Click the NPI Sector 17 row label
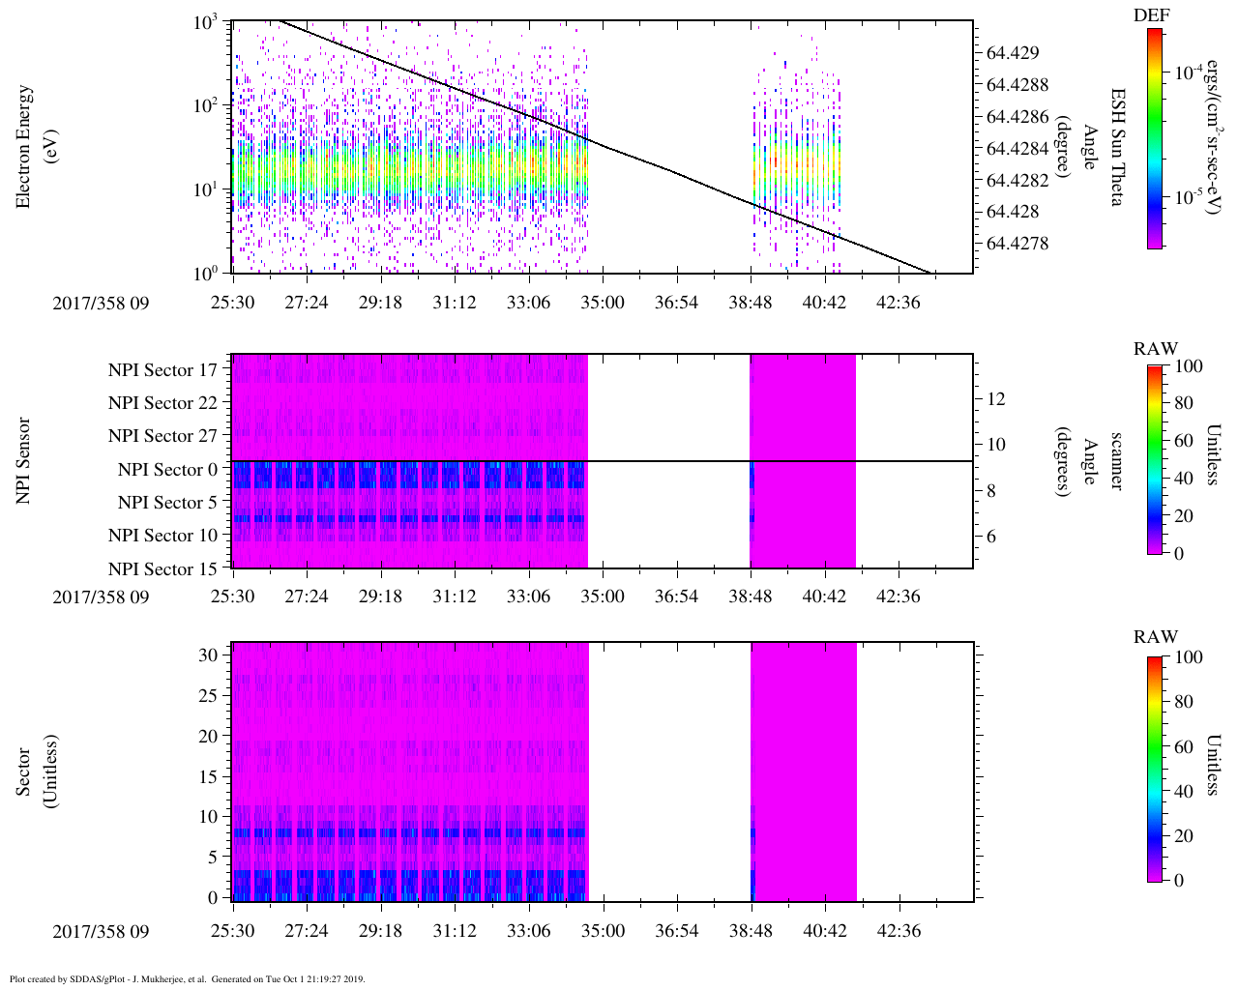pyautogui.click(x=162, y=370)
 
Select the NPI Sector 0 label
pyautogui.click(x=167, y=470)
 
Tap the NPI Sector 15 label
pyautogui.click(x=162, y=569)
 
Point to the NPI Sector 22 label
pyautogui.click(x=162, y=403)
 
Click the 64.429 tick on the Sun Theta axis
pyautogui.click(x=1013, y=53)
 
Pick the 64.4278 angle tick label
pyautogui.click(x=1017, y=244)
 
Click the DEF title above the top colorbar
pyautogui.click(x=1152, y=15)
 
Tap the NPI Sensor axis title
pyautogui.click(x=24, y=460)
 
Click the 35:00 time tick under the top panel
pyautogui.click(x=602, y=303)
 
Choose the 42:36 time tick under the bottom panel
pyautogui.click(x=898, y=931)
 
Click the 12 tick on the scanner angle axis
pyautogui.click(x=996, y=398)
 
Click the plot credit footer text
pyautogui.click(x=186, y=979)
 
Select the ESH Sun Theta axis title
pyautogui.click(x=1117, y=147)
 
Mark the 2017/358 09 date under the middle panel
pyautogui.click(x=101, y=597)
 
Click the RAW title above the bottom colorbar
pyautogui.click(x=1156, y=637)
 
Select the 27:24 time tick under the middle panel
pyautogui.click(x=306, y=597)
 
